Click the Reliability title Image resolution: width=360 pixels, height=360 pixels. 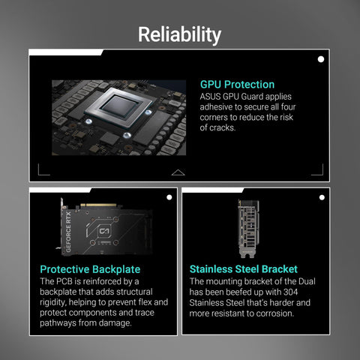(179, 34)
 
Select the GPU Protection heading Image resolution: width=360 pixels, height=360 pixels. (237, 85)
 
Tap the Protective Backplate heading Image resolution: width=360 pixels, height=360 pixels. (90, 269)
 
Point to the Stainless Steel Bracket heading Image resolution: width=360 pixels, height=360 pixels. (244, 269)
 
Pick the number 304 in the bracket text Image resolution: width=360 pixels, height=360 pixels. (290, 292)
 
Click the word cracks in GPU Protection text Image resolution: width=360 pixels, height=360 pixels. (222, 127)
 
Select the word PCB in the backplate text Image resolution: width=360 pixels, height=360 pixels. (64, 281)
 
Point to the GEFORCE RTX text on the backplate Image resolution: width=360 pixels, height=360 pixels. (68, 232)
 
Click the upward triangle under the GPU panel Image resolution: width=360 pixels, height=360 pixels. (178, 172)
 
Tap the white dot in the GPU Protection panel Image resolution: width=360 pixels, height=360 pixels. (321, 59)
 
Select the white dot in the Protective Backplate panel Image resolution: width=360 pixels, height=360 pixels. (169, 197)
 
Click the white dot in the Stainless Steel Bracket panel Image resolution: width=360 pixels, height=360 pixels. (322, 197)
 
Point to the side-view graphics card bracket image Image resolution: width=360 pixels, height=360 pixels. (247, 229)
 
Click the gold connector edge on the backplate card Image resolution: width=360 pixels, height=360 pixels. (98, 205)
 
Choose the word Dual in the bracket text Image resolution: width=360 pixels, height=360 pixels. (307, 281)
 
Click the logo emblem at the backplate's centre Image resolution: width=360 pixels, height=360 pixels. (104, 231)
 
